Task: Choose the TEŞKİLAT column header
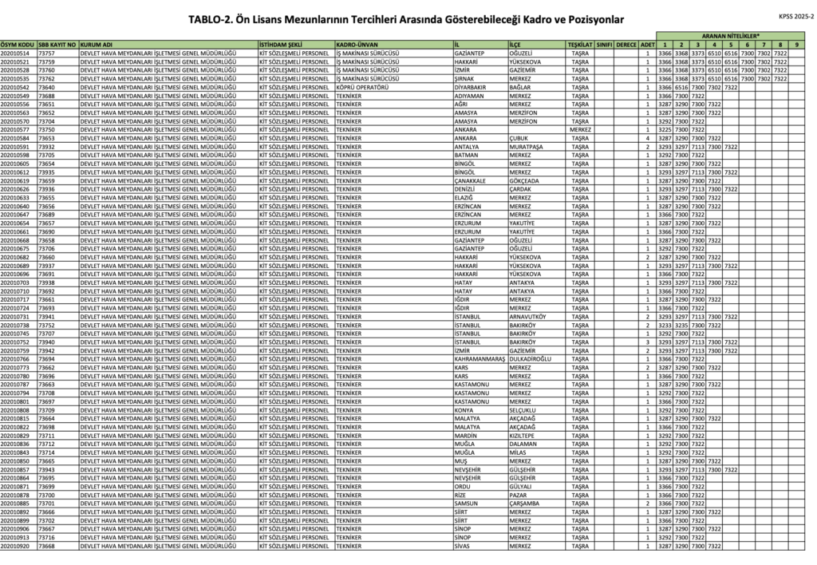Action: point(580,44)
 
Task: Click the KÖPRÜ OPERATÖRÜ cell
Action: point(363,87)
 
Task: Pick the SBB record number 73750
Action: point(47,129)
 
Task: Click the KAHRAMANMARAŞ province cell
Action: point(478,359)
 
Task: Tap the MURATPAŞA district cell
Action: point(527,147)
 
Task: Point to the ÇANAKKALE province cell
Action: point(471,180)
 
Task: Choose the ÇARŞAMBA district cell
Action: point(526,504)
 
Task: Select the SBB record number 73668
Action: point(47,547)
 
